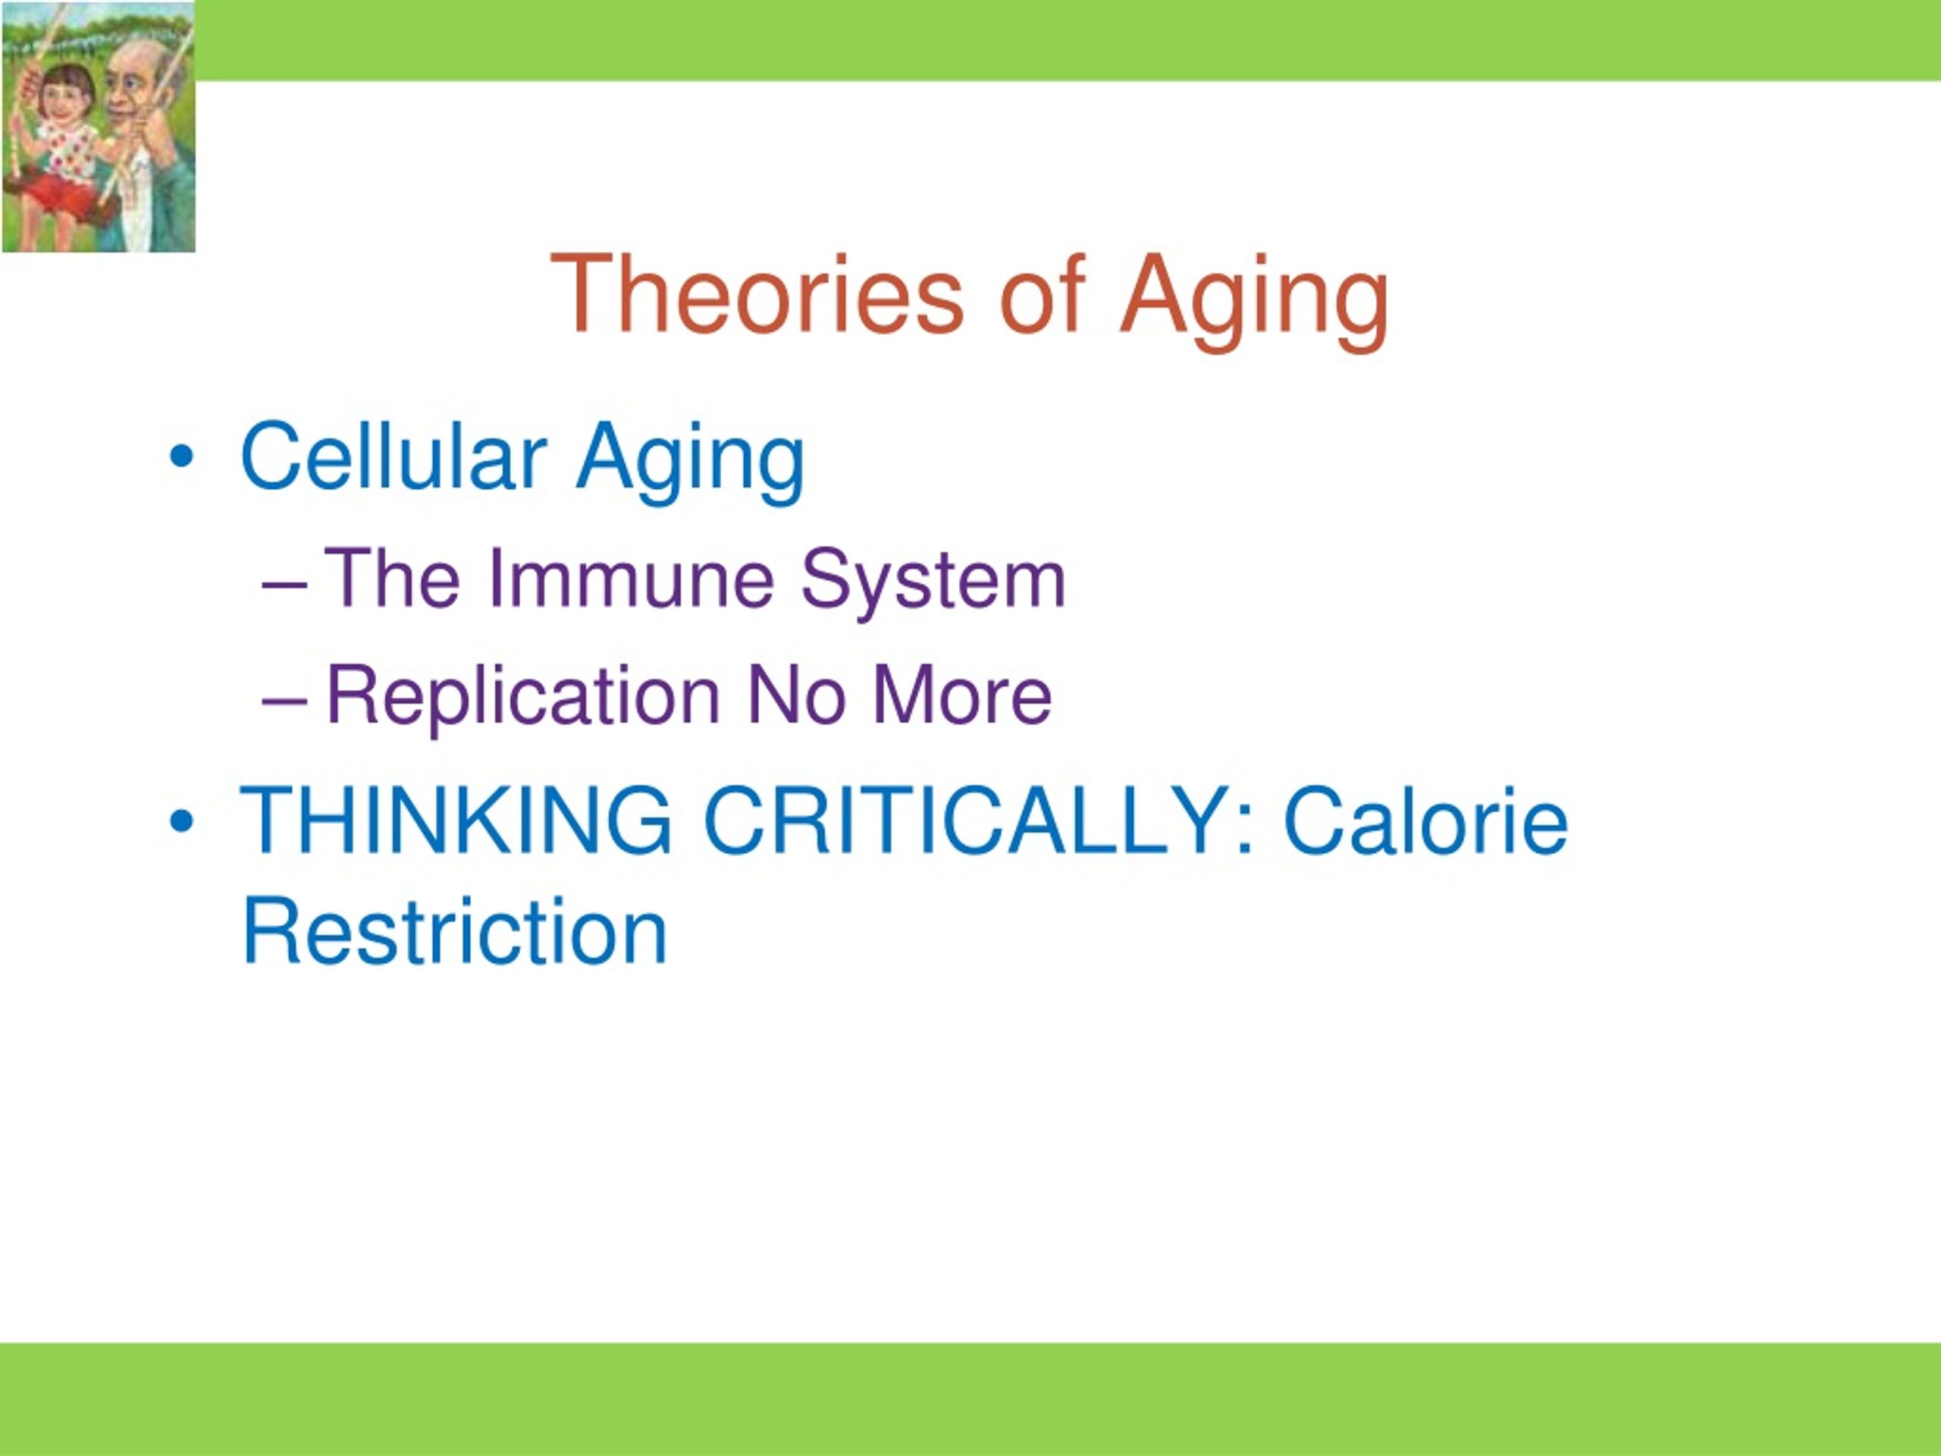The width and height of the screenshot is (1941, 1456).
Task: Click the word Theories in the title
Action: tap(757, 294)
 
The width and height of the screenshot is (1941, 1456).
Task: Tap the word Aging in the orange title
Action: tap(1254, 303)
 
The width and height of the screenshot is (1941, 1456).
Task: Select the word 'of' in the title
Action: tap(1043, 294)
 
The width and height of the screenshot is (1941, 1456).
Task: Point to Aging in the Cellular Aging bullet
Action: tap(691, 463)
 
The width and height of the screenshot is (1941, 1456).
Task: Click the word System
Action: tap(933, 584)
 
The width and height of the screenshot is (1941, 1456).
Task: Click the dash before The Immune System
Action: tap(284, 585)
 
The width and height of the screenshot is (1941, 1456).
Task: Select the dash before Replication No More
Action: tap(284, 702)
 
